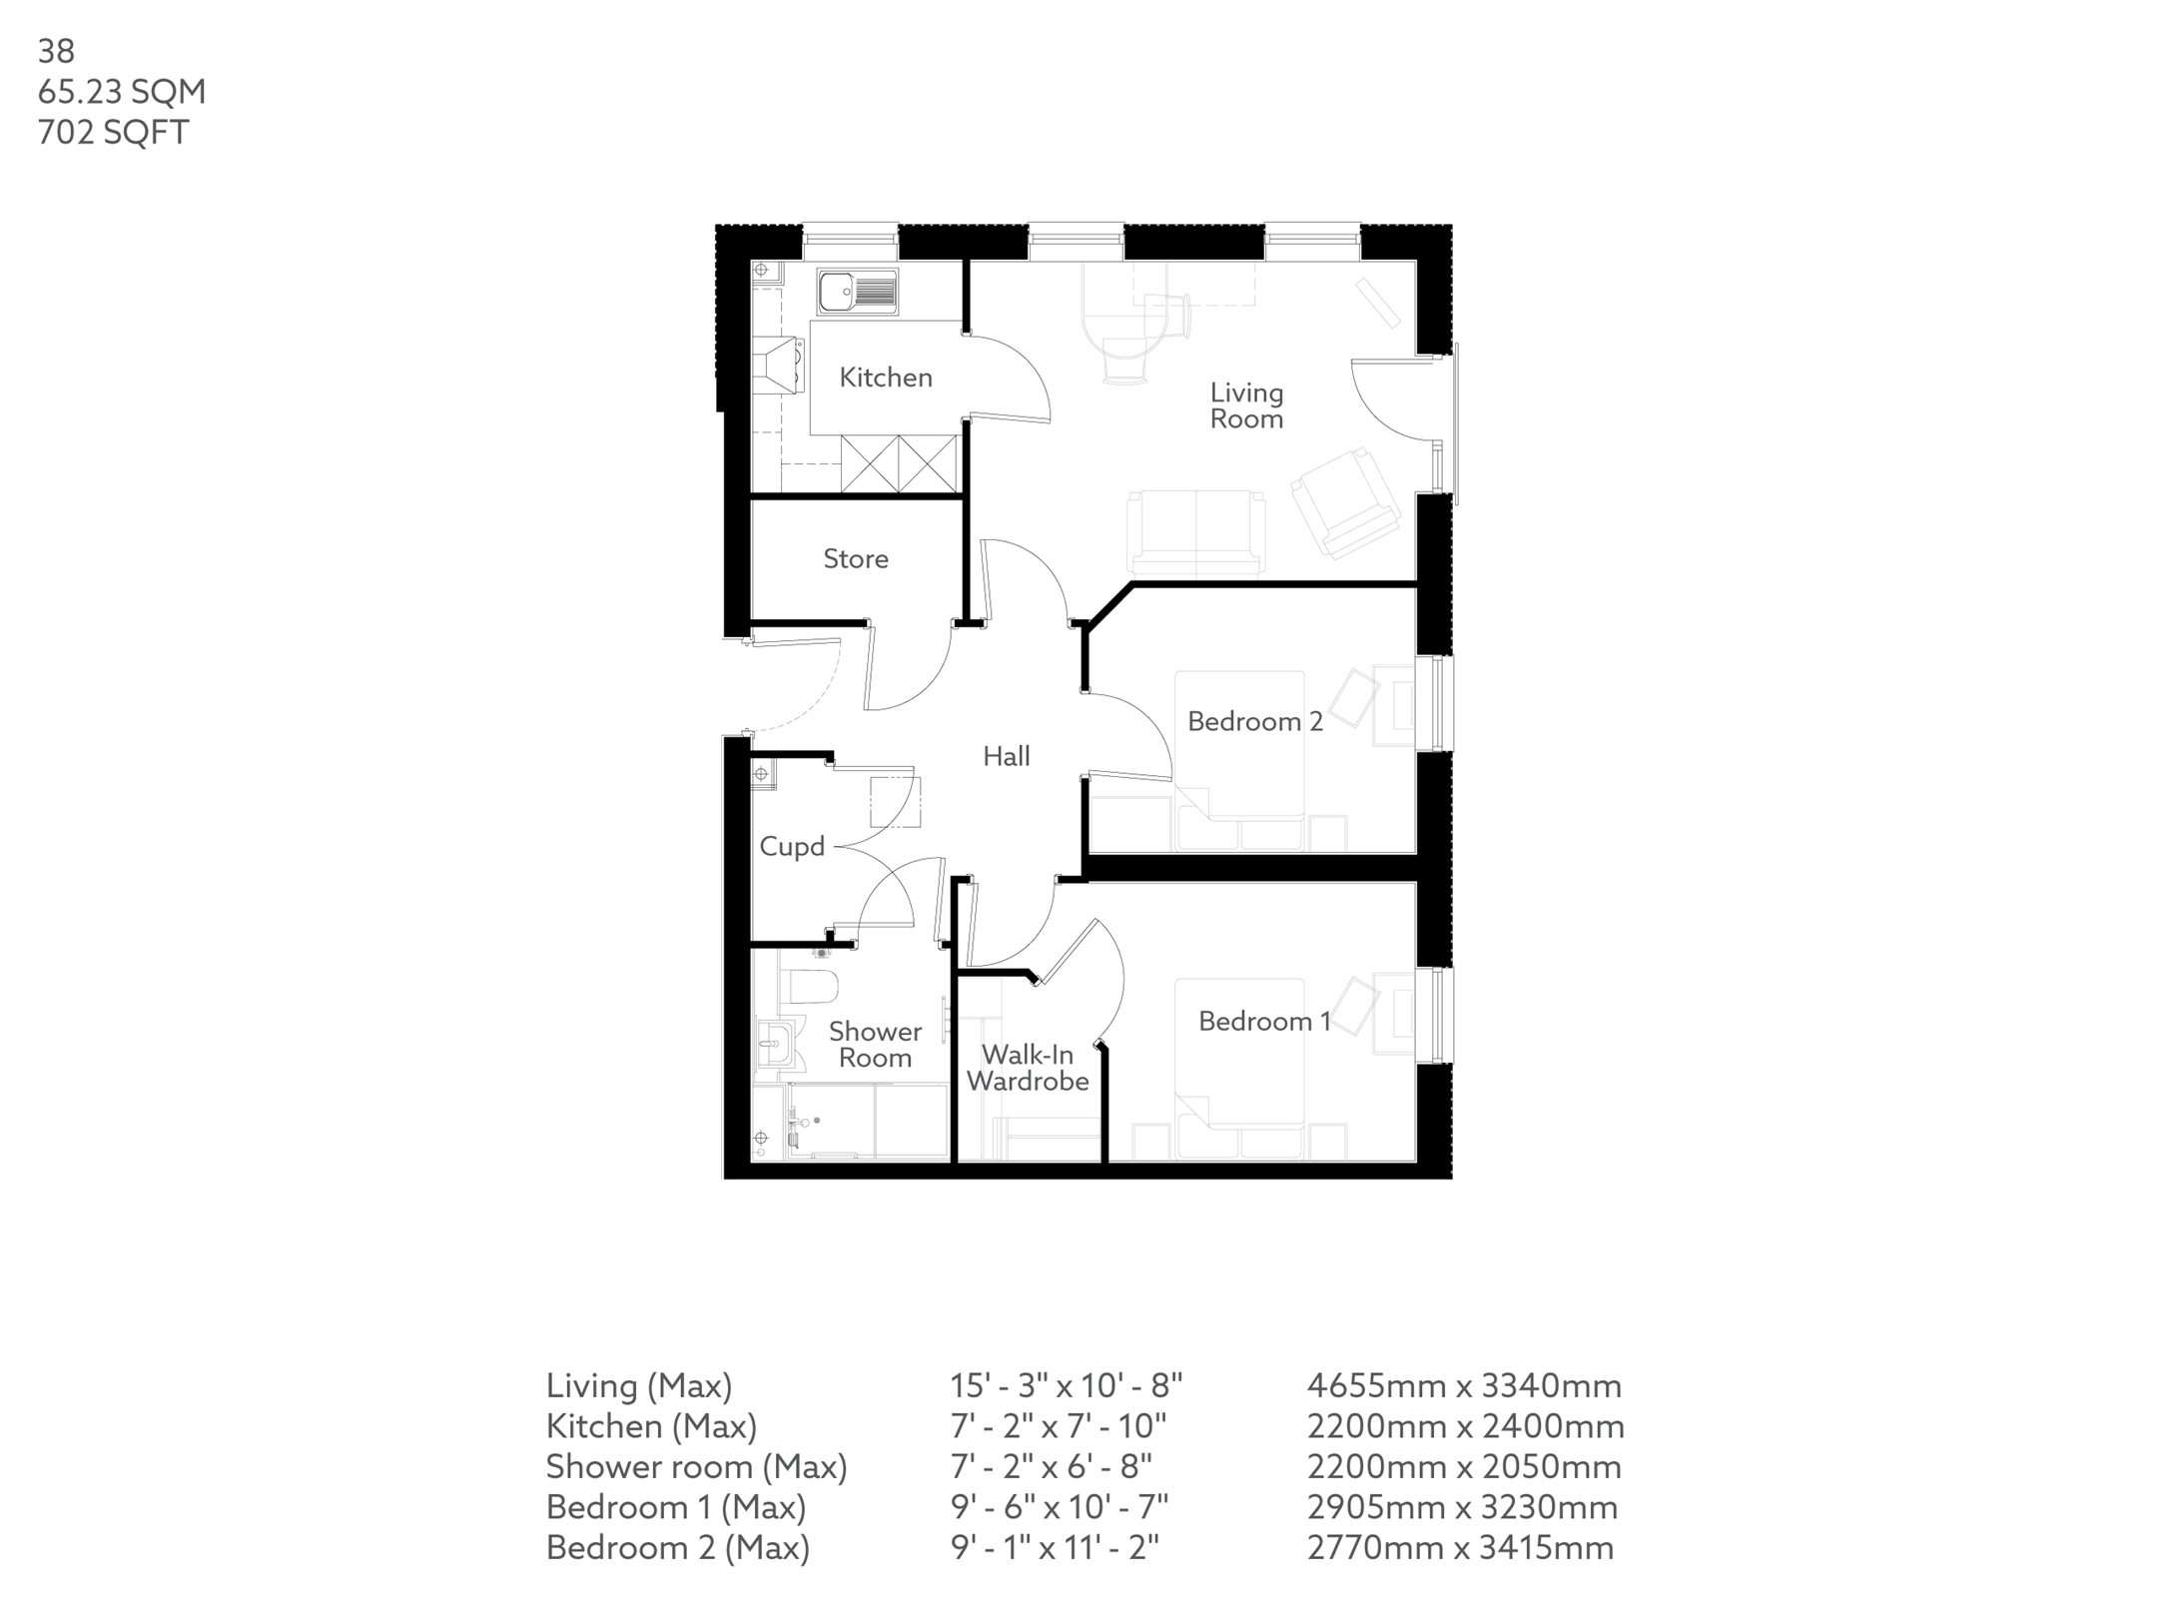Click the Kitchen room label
885,378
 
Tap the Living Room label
1246,405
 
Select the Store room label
855,558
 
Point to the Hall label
1006,756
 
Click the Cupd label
791,847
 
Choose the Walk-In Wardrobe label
1028,1068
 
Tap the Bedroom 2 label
1254,721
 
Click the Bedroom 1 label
1263,1021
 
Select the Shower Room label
875,1045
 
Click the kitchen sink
857,291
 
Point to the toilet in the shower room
811,985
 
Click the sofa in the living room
1195,533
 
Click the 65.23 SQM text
122,92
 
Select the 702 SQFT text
113,133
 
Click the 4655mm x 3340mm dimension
1464,1386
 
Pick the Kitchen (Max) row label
650,1426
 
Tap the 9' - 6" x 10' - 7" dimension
1059,1507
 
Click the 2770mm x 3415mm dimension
1460,1548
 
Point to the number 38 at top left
56,50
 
